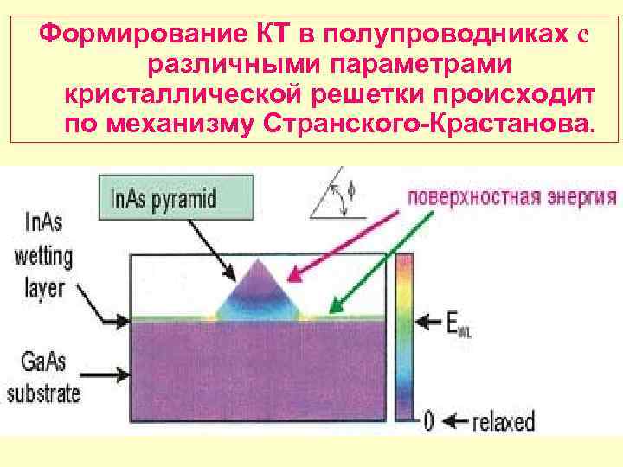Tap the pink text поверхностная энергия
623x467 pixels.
pos(512,195)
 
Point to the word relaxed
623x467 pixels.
pos(504,422)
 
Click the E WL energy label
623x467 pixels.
pos(459,323)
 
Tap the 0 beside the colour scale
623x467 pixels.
pos(427,422)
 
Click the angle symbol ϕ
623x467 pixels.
pos(350,188)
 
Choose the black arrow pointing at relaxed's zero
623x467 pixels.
pos(453,422)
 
